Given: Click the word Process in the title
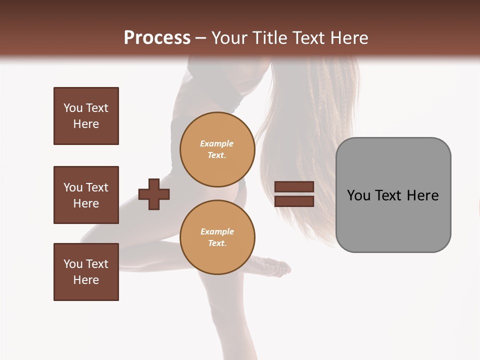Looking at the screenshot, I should click(x=157, y=38).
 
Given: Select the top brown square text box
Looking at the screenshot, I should click(x=86, y=116).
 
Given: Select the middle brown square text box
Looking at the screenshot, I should click(x=86, y=195).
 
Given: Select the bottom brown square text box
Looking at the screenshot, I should click(x=86, y=272).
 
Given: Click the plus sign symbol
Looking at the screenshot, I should click(x=154, y=194).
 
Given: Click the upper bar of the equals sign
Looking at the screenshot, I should click(x=294, y=187).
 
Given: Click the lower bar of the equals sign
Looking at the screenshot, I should click(x=294, y=201).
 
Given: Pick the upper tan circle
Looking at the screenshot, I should click(x=217, y=149).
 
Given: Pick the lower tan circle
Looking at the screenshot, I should click(x=217, y=237).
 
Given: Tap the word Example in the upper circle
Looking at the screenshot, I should click(x=216, y=143).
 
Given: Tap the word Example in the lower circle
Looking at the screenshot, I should click(x=217, y=231).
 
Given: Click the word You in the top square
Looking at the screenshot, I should click(x=72, y=108).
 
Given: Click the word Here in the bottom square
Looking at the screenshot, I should click(x=86, y=280).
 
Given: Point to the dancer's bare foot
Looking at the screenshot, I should click(x=277, y=269).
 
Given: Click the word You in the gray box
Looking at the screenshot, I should click(x=358, y=195).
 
